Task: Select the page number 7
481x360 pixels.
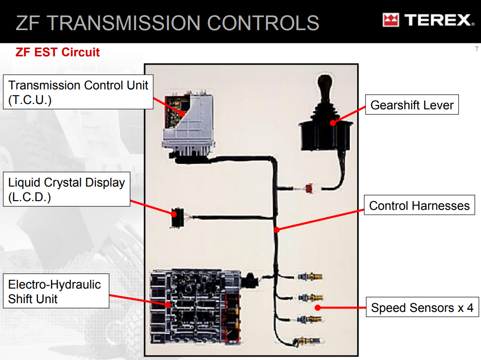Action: click(x=476, y=49)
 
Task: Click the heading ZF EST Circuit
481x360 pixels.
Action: click(x=57, y=52)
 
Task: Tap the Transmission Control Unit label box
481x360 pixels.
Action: click(x=78, y=92)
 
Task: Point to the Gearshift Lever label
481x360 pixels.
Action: click(x=412, y=105)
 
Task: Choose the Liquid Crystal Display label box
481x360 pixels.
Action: click(x=66, y=189)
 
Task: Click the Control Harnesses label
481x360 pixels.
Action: click(x=419, y=206)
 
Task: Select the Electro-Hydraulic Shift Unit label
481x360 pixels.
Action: click(x=55, y=291)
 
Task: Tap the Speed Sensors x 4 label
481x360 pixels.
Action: click(x=422, y=308)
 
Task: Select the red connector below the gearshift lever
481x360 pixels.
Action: click(x=309, y=189)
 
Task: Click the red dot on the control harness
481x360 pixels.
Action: click(x=276, y=230)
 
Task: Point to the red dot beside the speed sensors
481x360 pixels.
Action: click(x=317, y=307)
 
